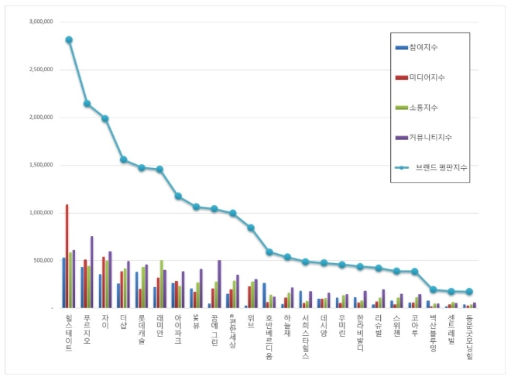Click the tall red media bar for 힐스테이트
pyautogui.click(x=67, y=256)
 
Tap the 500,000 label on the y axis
pyautogui.click(x=40, y=260)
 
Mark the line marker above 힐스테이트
pyautogui.click(x=69, y=39)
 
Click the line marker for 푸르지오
pyautogui.click(x=87, y=104)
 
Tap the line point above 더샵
pyautogui.click(x=123, y=159)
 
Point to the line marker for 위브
pyautogui.click(x=251, y=228)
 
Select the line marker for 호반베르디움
pyautogui.click(x=269, y=252)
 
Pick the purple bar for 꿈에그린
pyautogui.click(x=219, y=283)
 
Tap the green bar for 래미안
pyautogui.click(x=161, y=284)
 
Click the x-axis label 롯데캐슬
pyautogui.click(x=141, y=330)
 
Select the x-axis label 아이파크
pyautogui.click(x=177, y=330)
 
